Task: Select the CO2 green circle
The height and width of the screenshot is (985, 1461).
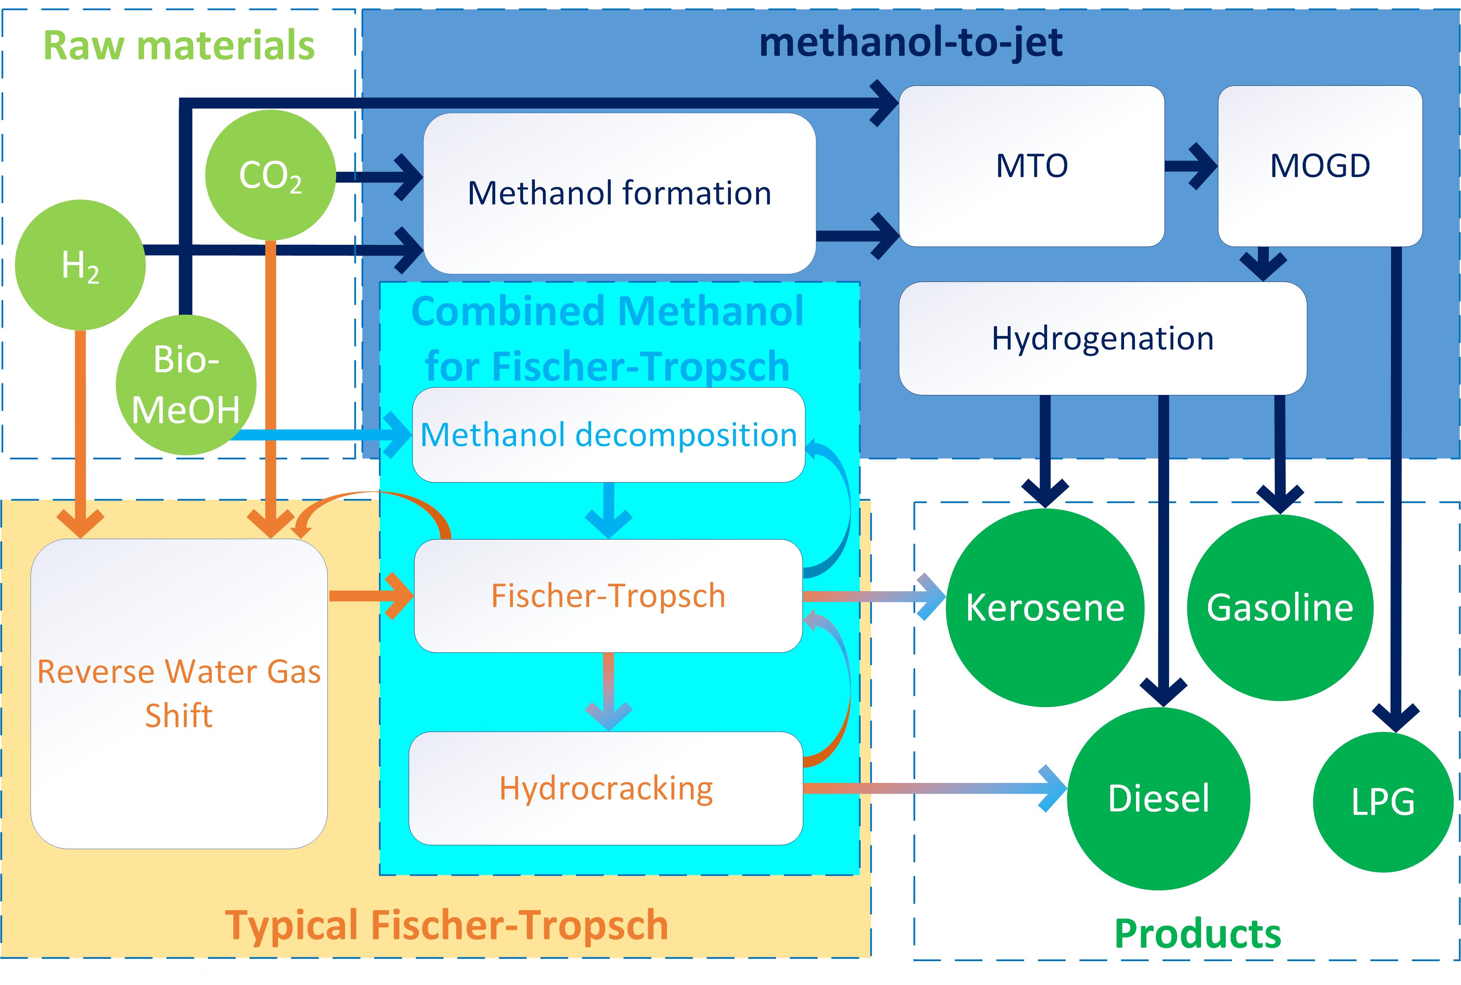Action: pyautogui.click(x=270, y=175)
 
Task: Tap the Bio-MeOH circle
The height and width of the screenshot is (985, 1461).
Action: pyautogui.click(x=186, y=385)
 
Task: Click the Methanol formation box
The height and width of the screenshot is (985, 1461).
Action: pyautogui.click(x=619, y=193)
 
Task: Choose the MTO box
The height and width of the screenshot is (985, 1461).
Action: pyautogui.click(x=1031, y=166)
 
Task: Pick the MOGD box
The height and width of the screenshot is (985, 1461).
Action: pyautogui.click(x=1320, y=166)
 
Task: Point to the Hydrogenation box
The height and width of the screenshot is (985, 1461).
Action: pyautogui.click(x=1102, y=338)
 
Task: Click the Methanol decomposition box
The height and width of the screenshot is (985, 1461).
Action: pyautogui.click(x=608, y=435)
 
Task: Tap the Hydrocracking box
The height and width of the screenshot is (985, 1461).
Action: pyautogui.click(x=606, y=788)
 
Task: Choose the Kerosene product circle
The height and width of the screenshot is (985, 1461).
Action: pyautogui.click(x=1044, y=607)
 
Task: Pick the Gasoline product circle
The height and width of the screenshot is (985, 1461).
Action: pyautogui.click(x=1279, y=607)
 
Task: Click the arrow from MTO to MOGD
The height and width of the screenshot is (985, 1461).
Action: pyautogui.click(x=1190, y=166)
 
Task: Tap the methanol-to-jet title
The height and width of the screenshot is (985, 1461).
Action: pyautogui.click(x=911, y=43)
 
